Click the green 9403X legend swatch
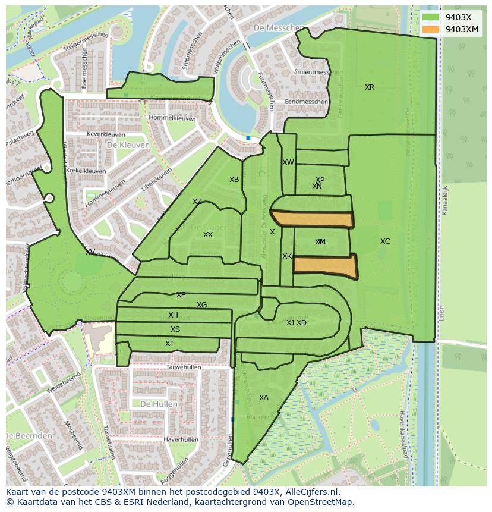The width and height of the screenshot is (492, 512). coord(431,17)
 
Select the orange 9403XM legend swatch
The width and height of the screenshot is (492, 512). coord(431,29)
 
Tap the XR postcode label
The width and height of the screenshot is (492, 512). coord(370,87)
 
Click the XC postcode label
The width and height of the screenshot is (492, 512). coord(385,241)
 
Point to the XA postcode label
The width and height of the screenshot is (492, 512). coord(264,398)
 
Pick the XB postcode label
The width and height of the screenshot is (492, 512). coord(234,180)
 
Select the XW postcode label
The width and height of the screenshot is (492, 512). coord(288,162)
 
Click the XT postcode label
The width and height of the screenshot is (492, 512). coord(170,344)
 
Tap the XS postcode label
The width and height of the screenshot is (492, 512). coord(175,329)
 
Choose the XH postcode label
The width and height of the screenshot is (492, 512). coord(173,315)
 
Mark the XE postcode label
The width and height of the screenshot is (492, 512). coord(181,295)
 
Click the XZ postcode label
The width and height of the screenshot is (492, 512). coord(197,202)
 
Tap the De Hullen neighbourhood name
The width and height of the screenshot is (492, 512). coord(159,404)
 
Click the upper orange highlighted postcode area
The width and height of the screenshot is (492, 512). coord(312,219)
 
